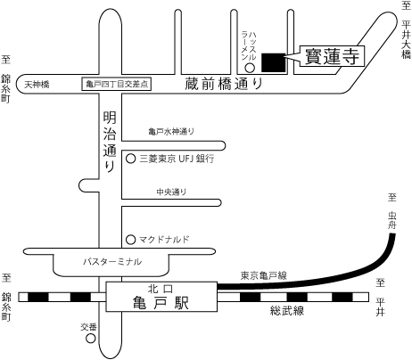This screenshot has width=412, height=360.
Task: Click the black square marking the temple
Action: pos(274,62)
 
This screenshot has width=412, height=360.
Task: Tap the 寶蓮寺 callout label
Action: pos(332,56)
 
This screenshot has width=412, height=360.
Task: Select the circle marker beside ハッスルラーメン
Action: pos(250,68)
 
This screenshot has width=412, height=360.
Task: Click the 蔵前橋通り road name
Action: pos(224,84)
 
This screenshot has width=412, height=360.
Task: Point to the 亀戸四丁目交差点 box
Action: pos(117,84)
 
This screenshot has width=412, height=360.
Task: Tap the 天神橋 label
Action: pos(37,85)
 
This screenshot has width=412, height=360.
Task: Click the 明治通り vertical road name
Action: pos(110,142)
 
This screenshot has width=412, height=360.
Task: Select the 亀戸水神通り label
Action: pos(171,131)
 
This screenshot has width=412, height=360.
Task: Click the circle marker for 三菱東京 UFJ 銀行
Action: pos(131,159)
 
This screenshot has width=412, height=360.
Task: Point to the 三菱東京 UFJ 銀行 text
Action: pos(177,159)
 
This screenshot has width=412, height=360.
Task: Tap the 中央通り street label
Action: pos(171,192)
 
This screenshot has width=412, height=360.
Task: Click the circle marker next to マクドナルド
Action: pos(131,240)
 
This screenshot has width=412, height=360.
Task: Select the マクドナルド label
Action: pos(164,240)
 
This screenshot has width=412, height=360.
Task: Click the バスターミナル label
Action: pos(112,262)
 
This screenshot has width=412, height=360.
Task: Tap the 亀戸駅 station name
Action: pos(161,303)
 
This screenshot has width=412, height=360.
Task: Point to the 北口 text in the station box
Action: pos(161,289)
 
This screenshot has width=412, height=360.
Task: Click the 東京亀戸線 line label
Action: pos(264,275)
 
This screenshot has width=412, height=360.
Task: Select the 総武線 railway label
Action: pos(287,311)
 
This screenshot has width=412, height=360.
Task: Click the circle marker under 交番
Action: pos(91,339)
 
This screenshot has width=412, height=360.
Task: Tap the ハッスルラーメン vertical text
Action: pos(249,45)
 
